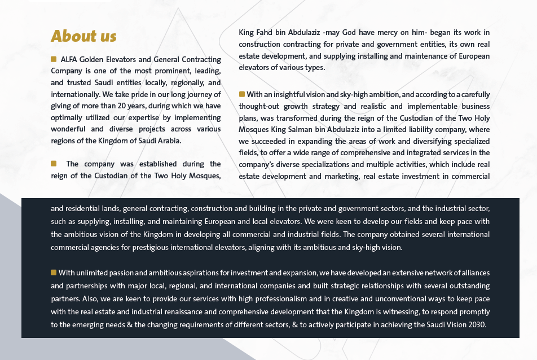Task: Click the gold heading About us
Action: coord(83,36)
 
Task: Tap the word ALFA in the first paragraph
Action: coord(69,59)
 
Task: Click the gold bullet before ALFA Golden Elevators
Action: coord(54,59)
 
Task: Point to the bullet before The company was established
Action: coord(54,164)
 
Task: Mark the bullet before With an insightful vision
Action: coord(241,94)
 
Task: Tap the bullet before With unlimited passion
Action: coord(54,273)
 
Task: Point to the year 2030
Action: coord(477,324)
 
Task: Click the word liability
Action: coord(407,129)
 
